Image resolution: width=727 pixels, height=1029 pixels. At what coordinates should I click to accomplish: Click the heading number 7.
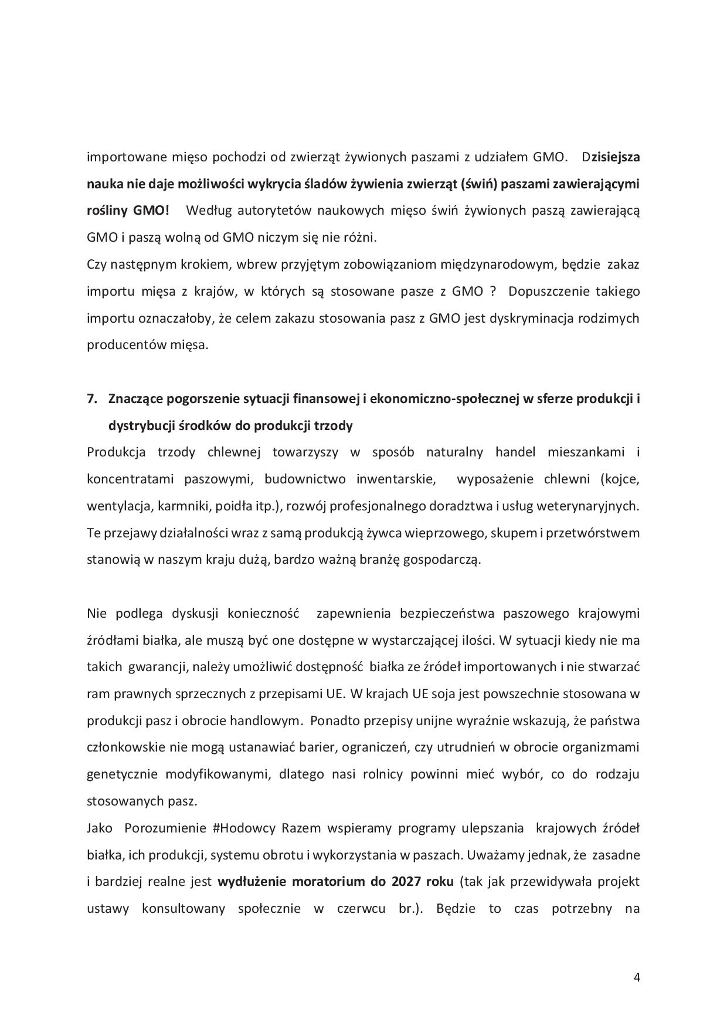click(x=91, y=399)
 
